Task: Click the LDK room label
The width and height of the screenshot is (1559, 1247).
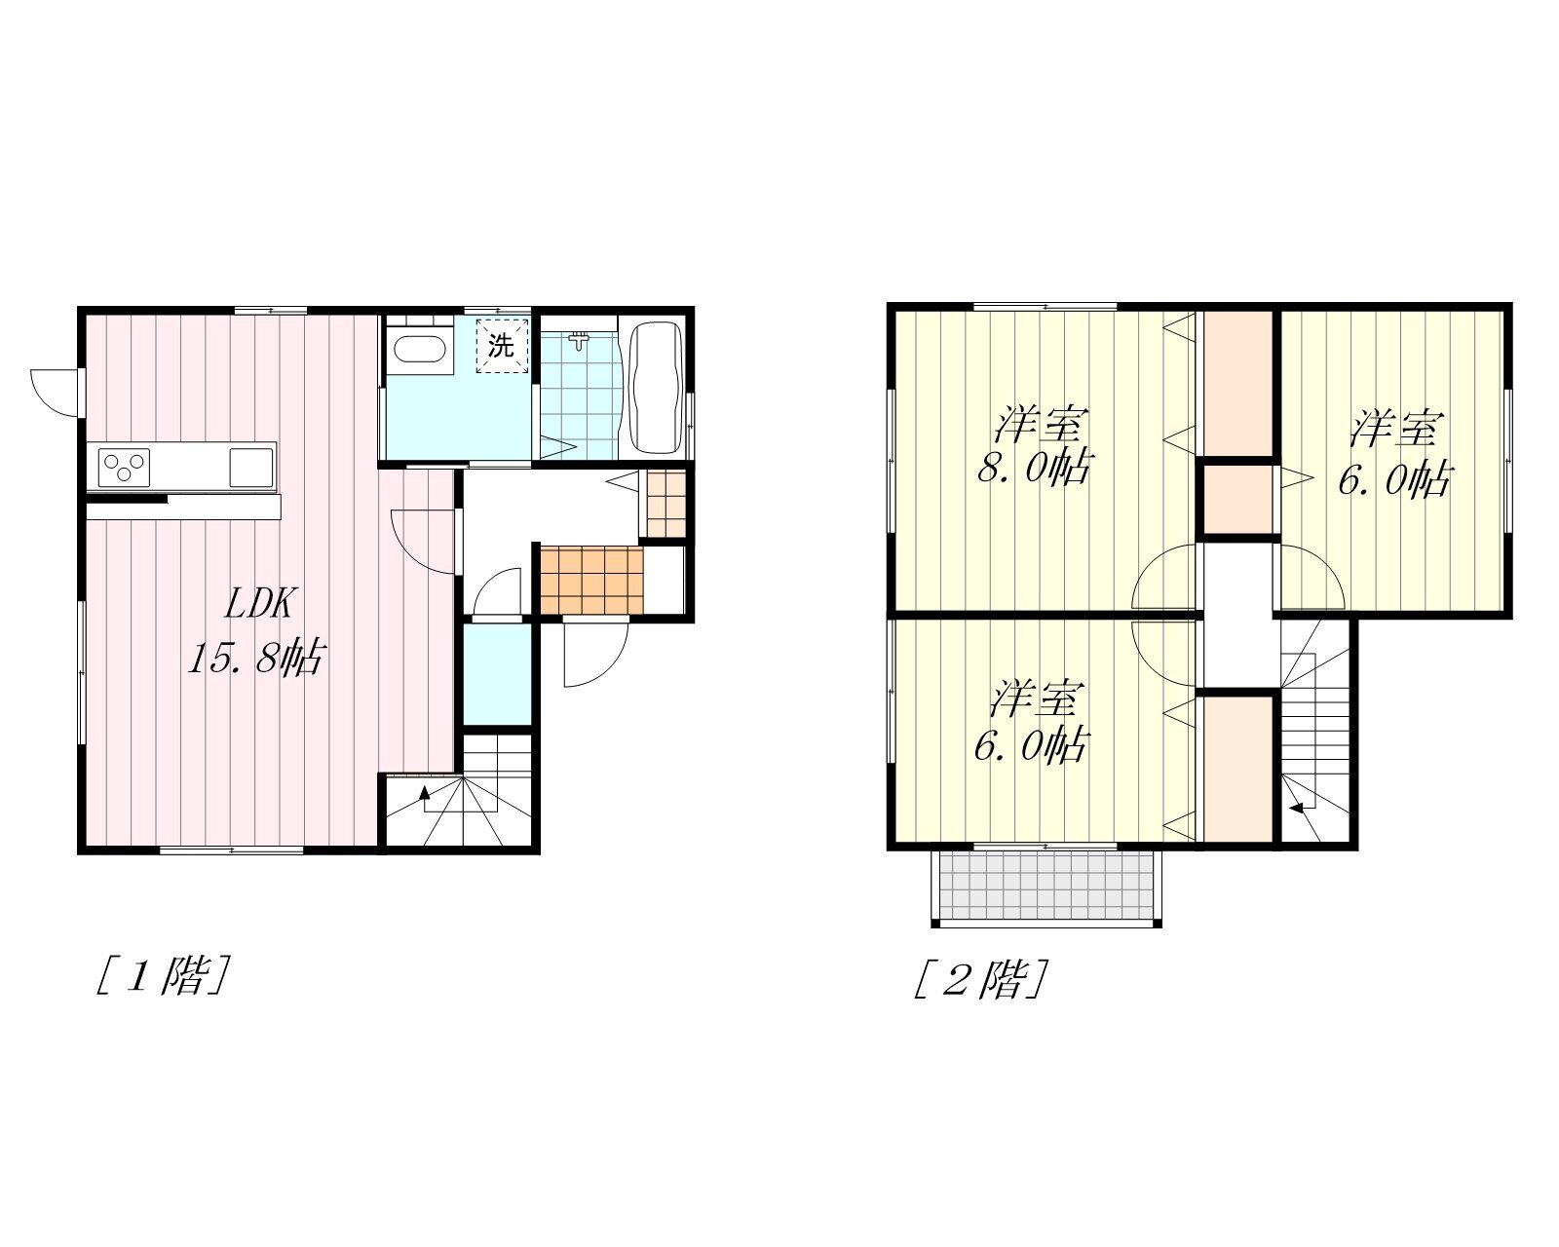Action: click(x=258, y=603)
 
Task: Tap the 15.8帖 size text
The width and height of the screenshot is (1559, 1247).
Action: click(x=256, y=658)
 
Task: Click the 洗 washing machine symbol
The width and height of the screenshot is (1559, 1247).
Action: click(x=501, y=346)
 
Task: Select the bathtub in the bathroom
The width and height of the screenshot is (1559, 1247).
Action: click(x=657, y=387)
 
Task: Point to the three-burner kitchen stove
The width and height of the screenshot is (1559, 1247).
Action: click(x=124, y=468)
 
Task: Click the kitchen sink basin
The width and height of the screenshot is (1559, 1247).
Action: click(x=251, y=468)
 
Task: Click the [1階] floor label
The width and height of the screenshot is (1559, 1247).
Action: click(x=164, y=975)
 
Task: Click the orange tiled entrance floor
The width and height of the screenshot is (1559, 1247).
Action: click(x=591, y=580)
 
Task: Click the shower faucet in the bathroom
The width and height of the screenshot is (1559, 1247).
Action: click(x=579, y=339)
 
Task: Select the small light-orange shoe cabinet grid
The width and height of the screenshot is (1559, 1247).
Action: click(x=665, y=504)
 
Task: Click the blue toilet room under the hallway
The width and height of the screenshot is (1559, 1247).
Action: click(x=498, y=673)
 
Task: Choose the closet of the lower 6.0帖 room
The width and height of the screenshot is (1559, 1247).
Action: click(x=1237, y=769)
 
